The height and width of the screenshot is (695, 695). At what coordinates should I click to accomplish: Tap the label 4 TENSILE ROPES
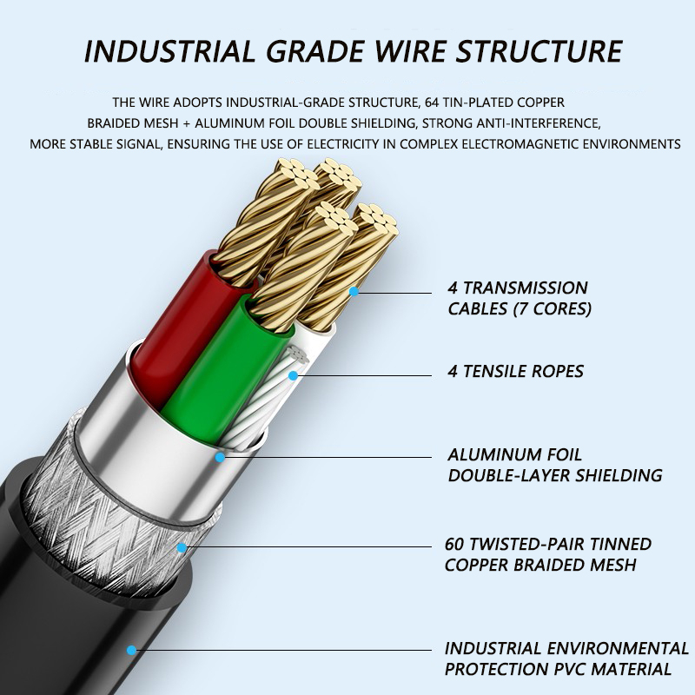coord(515,372)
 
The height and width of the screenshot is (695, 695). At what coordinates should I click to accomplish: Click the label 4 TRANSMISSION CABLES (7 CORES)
coord(518,297)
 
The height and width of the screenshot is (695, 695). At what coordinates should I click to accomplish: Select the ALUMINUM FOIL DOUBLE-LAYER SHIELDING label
coord(554,465)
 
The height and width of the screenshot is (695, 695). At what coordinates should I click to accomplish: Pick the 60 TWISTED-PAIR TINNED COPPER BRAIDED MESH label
coord(547,554)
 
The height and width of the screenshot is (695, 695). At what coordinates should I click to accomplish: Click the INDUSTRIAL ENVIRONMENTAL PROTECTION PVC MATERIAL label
coord(566,659)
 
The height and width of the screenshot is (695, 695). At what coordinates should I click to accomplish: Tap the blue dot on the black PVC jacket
coord(131,649)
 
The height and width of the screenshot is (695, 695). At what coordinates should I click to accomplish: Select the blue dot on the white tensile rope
coord(294,375)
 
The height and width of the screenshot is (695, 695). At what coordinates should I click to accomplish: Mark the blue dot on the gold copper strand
coord(354,293)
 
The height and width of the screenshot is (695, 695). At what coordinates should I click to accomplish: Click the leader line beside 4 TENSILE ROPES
coord(365,375)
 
